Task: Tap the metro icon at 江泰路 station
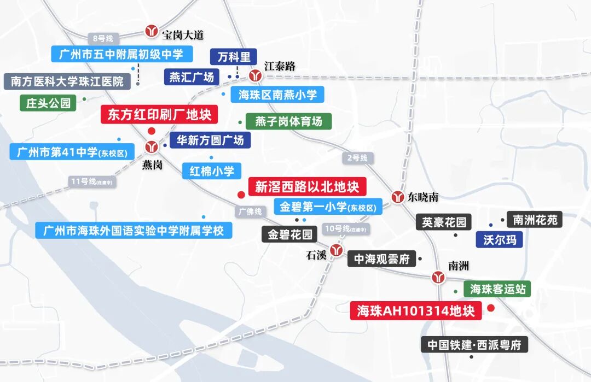tap(254, 75)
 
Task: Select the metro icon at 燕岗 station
tap(152, 146)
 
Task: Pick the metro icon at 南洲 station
tap(438, 277)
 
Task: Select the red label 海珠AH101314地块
tap(416, 311)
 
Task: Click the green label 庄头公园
tap(48, 102)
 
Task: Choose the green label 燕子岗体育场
tap(289, 121)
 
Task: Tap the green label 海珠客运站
tap(497, 289)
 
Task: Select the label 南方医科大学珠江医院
tap(67, 81)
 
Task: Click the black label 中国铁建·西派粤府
tap(474, 345)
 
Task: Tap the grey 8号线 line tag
tap(103, 38)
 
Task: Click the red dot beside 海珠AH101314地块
tap(491, 308)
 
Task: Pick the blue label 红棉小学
tap(212, 171)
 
